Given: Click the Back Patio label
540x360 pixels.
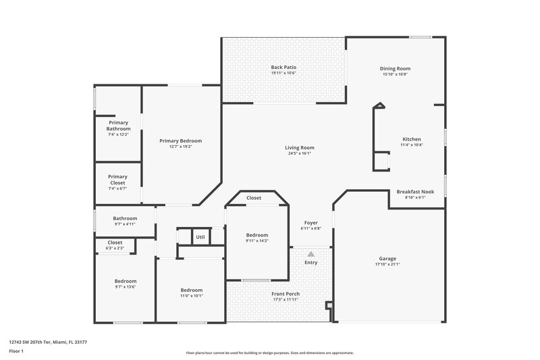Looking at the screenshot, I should [283, 68].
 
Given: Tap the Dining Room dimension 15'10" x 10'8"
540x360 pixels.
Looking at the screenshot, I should [396, 74].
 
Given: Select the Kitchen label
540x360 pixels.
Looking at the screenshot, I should [411, 139].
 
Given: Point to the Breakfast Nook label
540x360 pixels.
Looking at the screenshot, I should [415, 191].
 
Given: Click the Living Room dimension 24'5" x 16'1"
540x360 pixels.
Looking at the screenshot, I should [298, 153].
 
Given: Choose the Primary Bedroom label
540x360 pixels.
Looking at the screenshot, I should [180, 140].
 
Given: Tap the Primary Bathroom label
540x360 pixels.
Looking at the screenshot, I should [118, 126].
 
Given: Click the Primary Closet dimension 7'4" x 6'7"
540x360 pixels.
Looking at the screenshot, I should [118, 188].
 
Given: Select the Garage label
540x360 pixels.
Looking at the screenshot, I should [387, 258].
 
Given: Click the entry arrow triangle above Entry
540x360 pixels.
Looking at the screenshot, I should [311, 254].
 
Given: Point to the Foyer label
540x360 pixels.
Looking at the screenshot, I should [310, 222].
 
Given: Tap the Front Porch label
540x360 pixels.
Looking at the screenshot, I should [286, 294].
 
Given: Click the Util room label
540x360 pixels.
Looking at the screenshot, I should [200, 237].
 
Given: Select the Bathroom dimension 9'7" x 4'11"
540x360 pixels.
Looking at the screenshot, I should [125, 224].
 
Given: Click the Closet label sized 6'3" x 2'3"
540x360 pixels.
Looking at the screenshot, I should [115, 242].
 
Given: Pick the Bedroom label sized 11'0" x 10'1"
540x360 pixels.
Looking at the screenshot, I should [191, 290].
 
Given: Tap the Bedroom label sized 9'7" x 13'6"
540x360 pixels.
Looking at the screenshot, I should [125, 281].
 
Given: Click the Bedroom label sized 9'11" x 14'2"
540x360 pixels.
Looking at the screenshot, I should [256, 234].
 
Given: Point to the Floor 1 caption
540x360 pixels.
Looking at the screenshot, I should [16, 351].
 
